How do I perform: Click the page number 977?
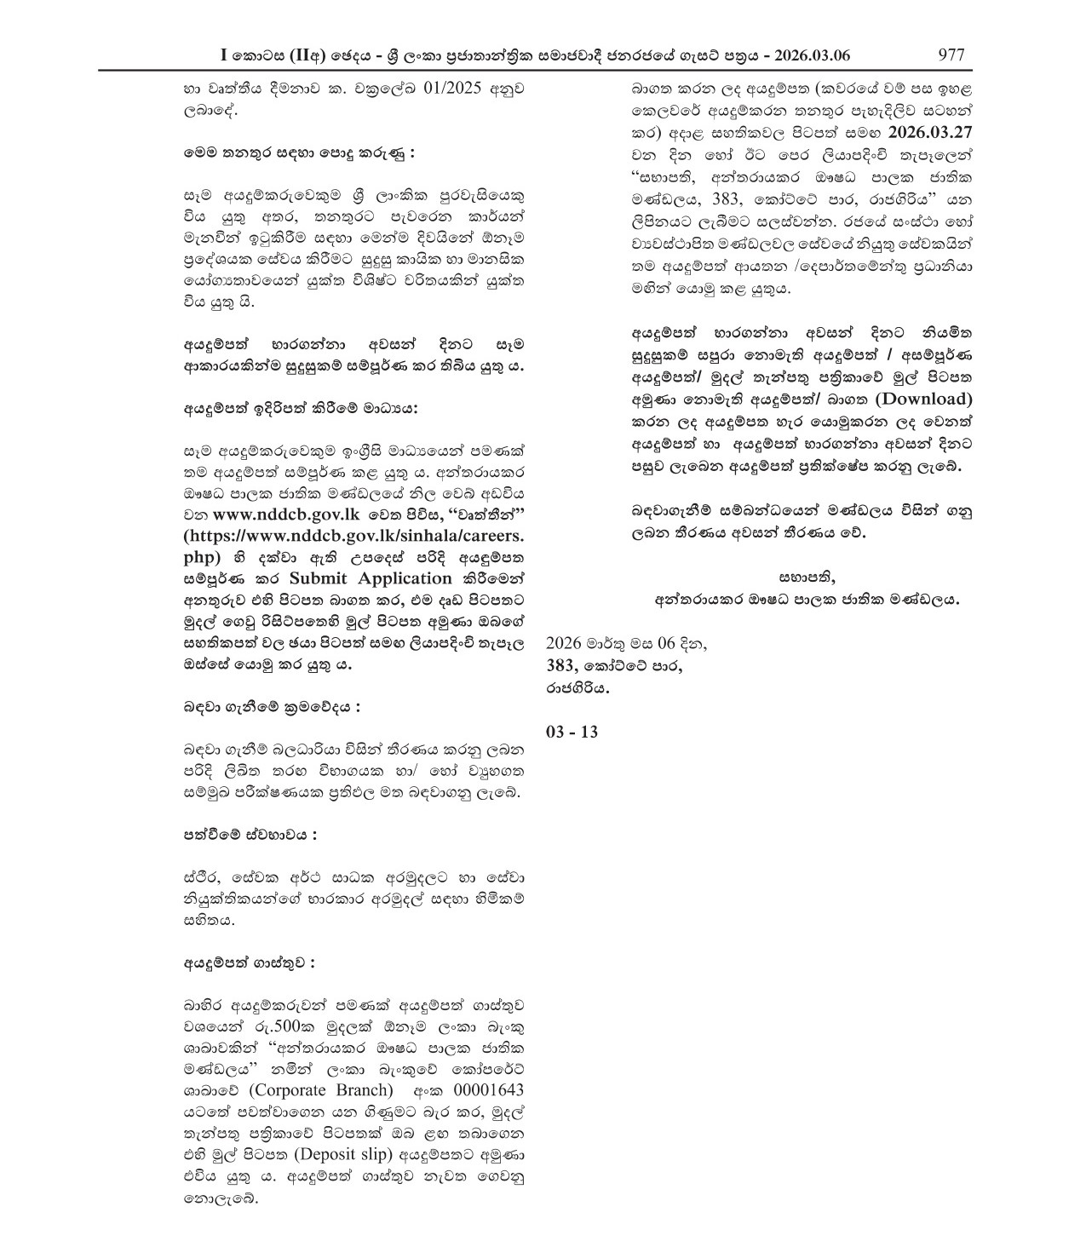[x=951, y=55]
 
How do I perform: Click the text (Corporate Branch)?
[x=320, y=1090]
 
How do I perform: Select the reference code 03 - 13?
[x=572, y=731]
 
